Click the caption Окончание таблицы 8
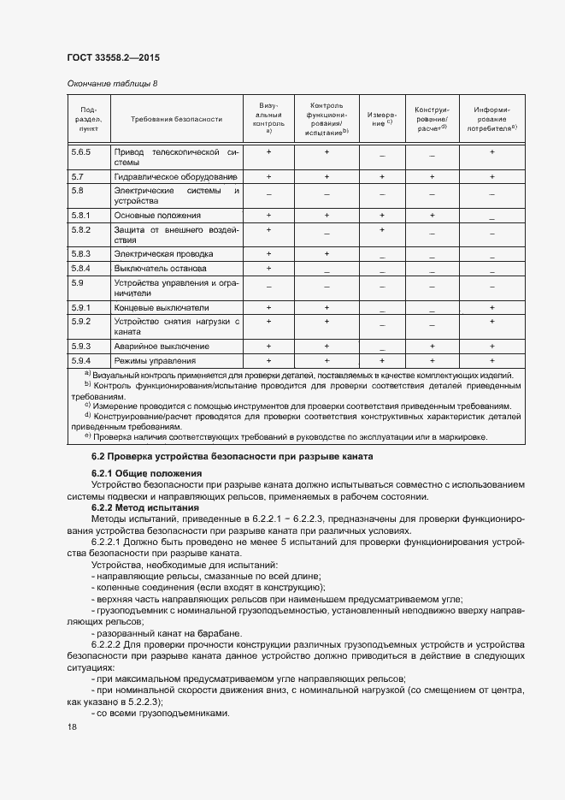112,83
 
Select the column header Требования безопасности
176,120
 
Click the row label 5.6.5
81,151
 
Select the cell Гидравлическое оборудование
176,176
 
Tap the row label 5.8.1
81,216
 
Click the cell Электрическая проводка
163,254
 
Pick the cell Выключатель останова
160,269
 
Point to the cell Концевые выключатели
161,307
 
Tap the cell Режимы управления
155,362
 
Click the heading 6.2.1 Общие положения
146,473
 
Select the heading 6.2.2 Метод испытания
144,507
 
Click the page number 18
72,726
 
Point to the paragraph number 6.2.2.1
107,542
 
